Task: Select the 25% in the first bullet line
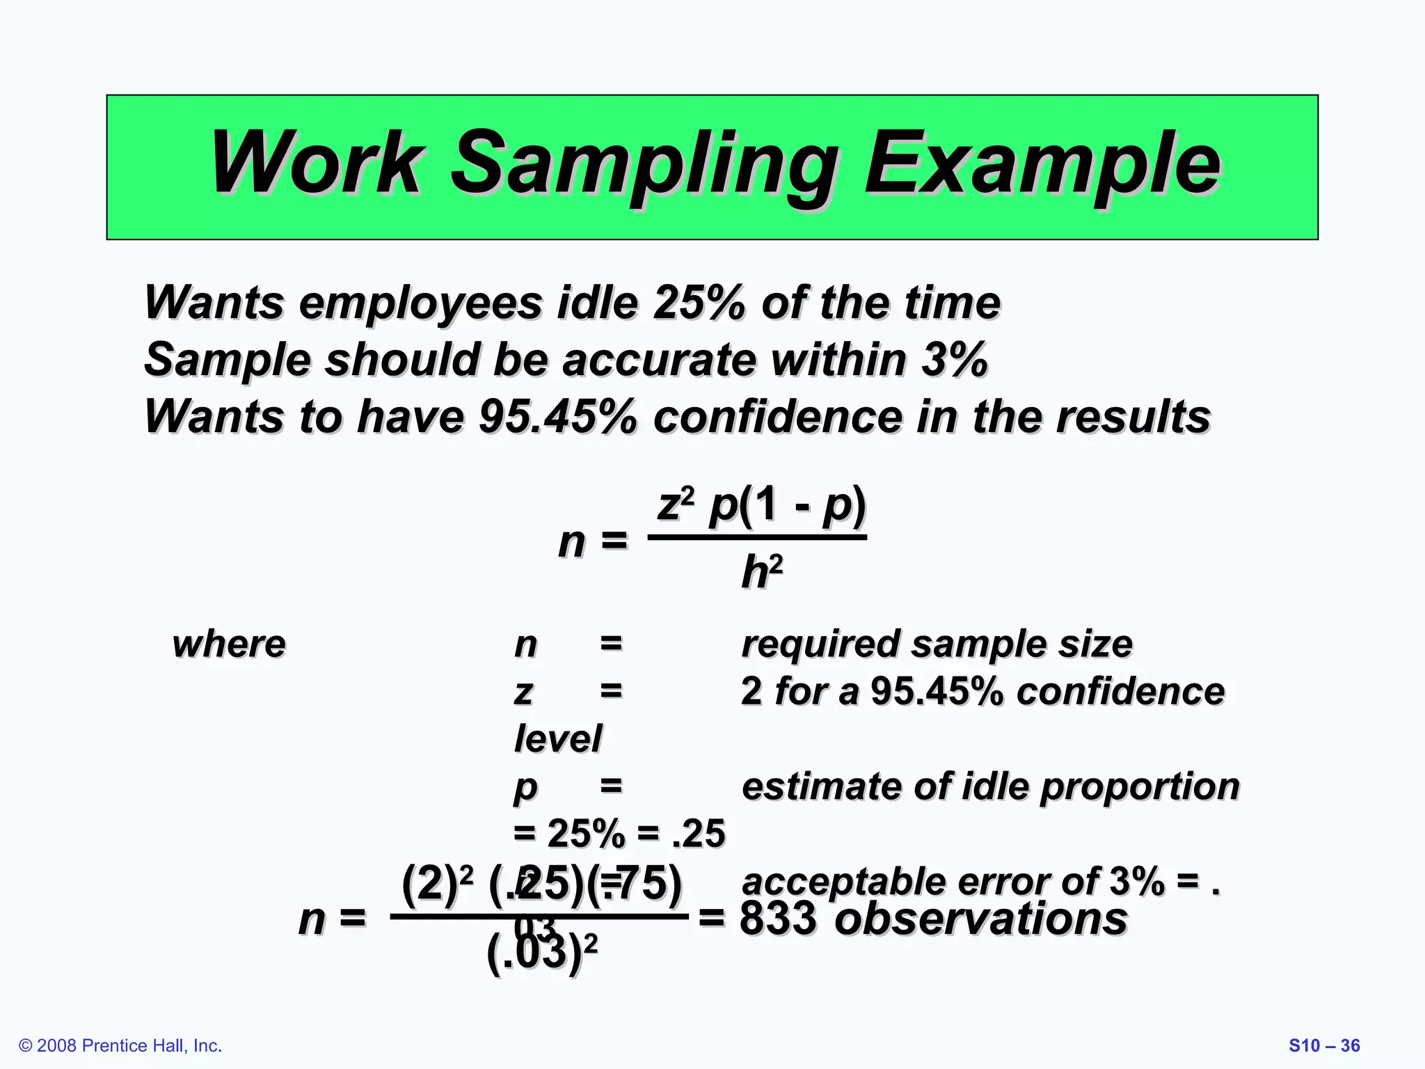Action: pos(699,303)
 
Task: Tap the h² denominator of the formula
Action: pos(761,573)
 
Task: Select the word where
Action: pos(229,644)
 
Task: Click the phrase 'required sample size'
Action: pos(937,644)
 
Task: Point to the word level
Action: pos(557,738)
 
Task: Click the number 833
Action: pos(777,918)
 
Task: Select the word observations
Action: pos(980,918)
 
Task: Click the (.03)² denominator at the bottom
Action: pos(541,952)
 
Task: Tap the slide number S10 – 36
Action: pos(1324,1045)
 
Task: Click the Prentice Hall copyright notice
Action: pos(120,1045)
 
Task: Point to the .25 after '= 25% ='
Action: pos(699,833)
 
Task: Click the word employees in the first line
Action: pos(421,303)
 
